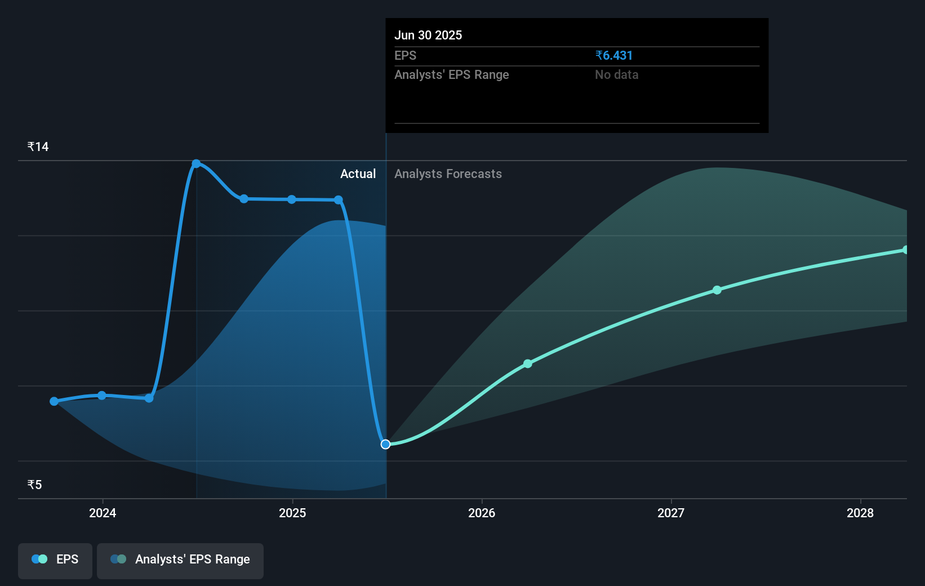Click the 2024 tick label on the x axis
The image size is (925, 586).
click(x=103, y=513)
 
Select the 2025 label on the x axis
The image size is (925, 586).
click(x=292, y=513)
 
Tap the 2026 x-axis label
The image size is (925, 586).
click(x=482, y=513)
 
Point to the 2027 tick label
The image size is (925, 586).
click(x=671, y=513)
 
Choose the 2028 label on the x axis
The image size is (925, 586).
click(x=860, y=513)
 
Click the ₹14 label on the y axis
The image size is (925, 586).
click(x=38, y=147)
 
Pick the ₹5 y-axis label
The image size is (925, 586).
click(x=35, y=485)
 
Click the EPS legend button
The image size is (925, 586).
click(x=55, y=560)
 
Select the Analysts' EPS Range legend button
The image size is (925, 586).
click(x=180, y=560)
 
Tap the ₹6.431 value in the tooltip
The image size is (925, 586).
click(x=614, y=56)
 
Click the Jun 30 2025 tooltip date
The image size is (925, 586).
click(x=428, y=35)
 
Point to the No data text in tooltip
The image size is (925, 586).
click(x=616, y=75)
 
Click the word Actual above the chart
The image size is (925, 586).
click(x=358, y=174)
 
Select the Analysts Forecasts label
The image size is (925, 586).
click(x=448, y=174)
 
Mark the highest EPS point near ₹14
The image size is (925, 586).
click(x=196, y=164)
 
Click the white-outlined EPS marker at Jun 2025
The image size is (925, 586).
click(x=385, y=445)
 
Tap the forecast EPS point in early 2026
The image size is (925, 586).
click(x=528, y=364)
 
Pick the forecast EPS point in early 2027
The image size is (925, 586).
click(x=717, y=290)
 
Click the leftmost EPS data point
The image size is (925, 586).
click(x=54, y=401)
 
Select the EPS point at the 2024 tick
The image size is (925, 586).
click(x=102, y=396)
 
